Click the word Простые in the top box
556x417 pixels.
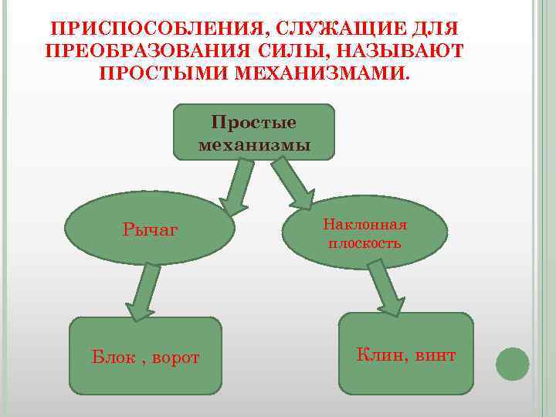tap(254, 124)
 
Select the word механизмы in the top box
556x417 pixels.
tap(254, 144)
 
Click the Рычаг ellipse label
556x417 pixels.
tap(150, 229)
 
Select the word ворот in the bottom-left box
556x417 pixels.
tap(175, 358)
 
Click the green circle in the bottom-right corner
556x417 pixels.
tap(512, 364)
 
